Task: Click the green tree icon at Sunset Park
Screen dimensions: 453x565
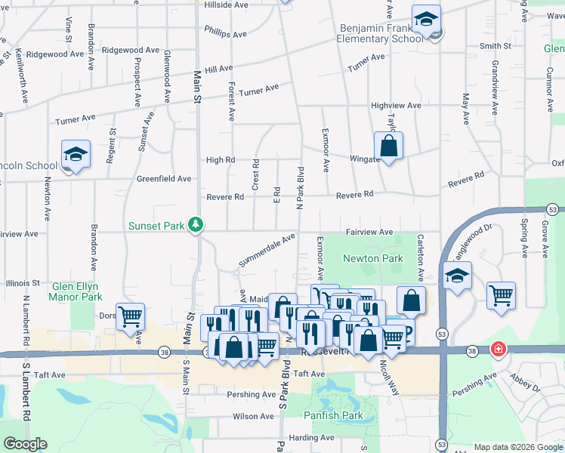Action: pos(196,224)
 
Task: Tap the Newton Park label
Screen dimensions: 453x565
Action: pos(372,257)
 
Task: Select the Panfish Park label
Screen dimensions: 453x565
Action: pos(333,415)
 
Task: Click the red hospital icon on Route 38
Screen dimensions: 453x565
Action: pos(498,349)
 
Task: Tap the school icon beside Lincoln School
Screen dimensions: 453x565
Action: pos(76,155)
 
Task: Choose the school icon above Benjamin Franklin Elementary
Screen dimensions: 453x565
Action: pos(426,20)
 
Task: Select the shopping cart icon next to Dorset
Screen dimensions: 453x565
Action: pos(131,317)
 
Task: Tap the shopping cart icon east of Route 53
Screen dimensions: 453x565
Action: pos(501,295)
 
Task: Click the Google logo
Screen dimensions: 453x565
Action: pos(25,444)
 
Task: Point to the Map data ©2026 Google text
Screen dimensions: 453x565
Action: pos(517,447)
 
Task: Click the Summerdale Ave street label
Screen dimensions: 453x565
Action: pos(267,250)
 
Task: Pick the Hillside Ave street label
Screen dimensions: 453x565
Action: pos(227,5)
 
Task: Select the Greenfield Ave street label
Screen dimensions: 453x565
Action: pos(164,179)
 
